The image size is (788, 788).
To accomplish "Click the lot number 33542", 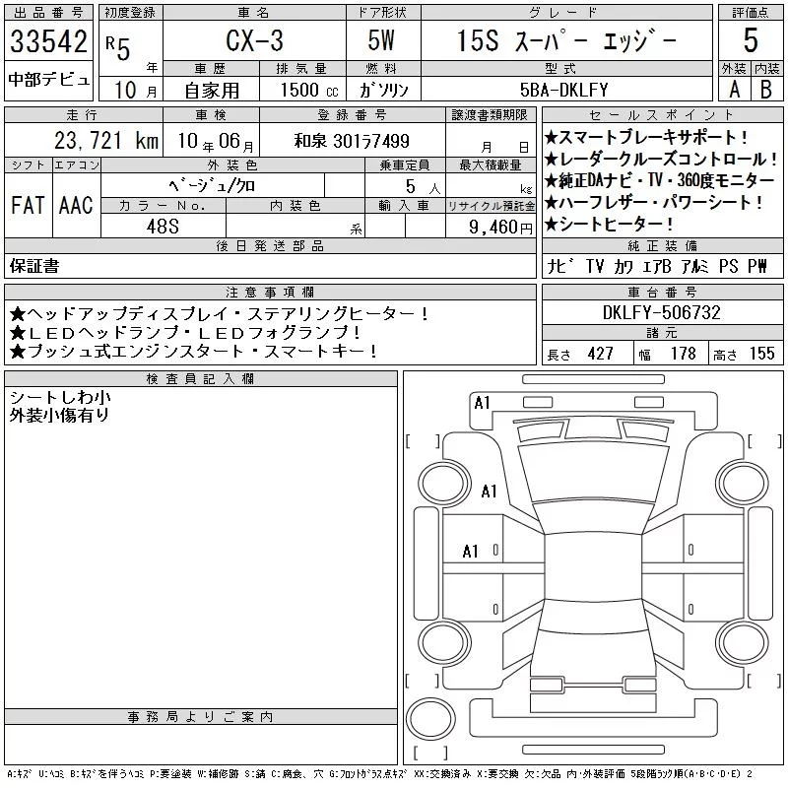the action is click(48, 41).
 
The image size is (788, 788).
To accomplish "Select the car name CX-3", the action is click(254, 40).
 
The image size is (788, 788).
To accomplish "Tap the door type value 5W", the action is click(381, 40).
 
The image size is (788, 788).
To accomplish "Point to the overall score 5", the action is click(751, 40).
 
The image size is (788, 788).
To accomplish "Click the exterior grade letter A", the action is click(734, 90).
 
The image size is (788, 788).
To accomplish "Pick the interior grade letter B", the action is click(766, 90).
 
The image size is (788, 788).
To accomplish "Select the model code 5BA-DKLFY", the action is click(563, 90).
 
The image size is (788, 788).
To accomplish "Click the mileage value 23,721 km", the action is click(106, 141).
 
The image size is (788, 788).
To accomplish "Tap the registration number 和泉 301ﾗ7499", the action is click(352, 141).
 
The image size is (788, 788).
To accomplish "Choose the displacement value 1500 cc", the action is click(309, 91).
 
